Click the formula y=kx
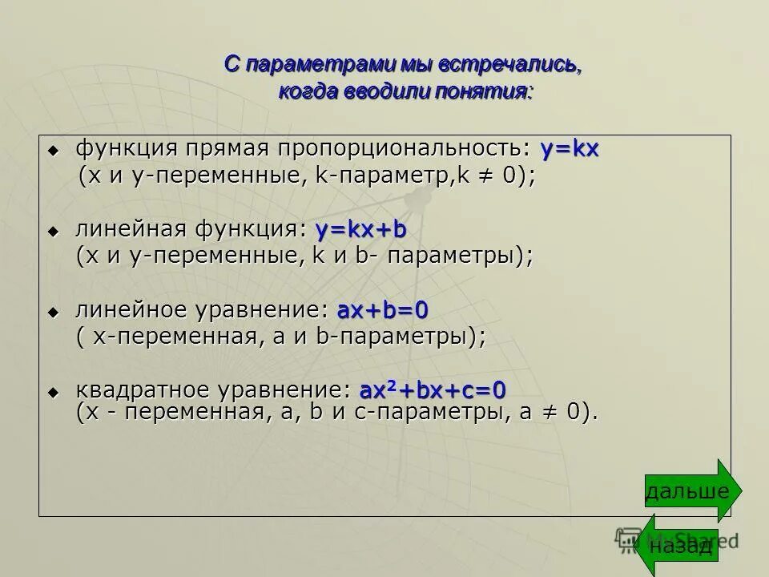570,150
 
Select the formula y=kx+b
361,231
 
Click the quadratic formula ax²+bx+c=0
433,391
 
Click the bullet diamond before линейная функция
54,232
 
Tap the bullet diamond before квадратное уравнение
54,392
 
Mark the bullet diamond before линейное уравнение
54,311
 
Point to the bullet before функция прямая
54,151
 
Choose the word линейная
129,231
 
